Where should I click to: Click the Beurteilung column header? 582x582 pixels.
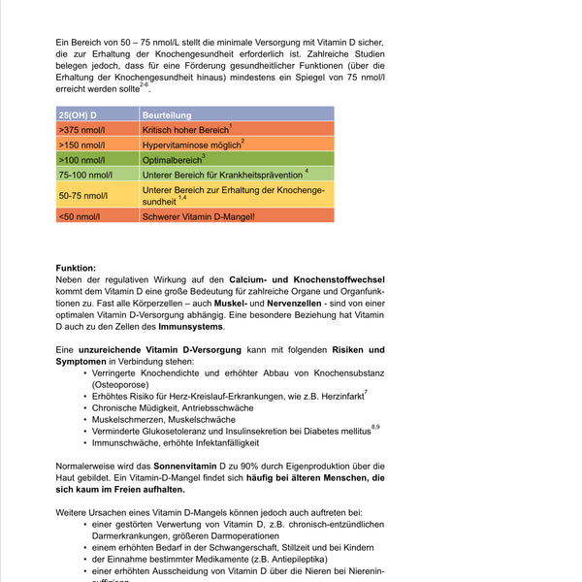point(166,114)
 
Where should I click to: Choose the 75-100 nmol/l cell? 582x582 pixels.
point(85,175)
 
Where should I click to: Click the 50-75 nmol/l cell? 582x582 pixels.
point(83,195)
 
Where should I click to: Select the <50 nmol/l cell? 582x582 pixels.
point(80,215)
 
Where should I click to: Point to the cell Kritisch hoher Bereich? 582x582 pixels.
point(185,129)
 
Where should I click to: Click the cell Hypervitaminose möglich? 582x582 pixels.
point(191,145)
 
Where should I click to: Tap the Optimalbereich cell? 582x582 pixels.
point(172,159)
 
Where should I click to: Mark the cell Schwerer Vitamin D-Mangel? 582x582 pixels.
point(198,215)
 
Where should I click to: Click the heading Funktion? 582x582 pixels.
point(76,268)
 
